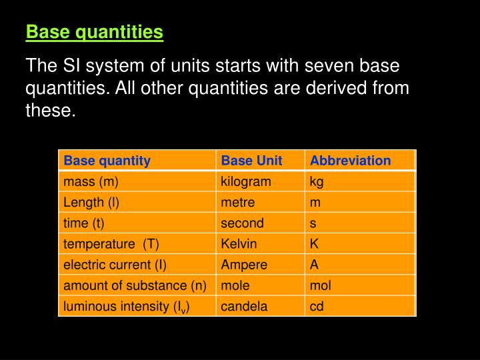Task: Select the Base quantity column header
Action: (107, 161)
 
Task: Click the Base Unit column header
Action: (251, 161)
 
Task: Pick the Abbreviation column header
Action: (350, 161)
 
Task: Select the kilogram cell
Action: (246, 181)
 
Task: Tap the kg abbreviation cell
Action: (317, 181)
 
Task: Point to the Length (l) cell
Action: (91, 202)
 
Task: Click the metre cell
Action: (238, 202)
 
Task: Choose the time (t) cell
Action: (84, 223)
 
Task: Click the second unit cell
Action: (242, 223)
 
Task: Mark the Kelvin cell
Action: (239, 244)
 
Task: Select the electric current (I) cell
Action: (115, 265)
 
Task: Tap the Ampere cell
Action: (244, 265)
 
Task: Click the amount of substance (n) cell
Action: (135, 285)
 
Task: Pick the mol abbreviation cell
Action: (320, 285)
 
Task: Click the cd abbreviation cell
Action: (317, 306)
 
